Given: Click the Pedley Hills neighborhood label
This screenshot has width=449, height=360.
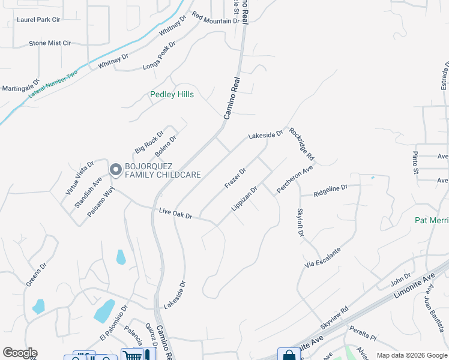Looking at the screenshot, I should click(172, 94).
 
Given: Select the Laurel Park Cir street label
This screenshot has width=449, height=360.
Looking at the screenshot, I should click(39, 20).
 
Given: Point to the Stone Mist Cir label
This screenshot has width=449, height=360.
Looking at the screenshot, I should click(50, 43).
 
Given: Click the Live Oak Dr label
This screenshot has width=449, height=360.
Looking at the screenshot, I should click(175, 213).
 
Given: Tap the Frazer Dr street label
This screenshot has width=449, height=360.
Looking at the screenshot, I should click(235, 178).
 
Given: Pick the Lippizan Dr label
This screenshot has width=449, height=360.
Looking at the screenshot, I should click(244, 199).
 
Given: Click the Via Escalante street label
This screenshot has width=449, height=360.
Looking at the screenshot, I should click(322, 256).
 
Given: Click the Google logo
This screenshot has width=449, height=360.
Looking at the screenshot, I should click(19, 353).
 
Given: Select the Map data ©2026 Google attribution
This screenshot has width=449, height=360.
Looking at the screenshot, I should click(411, 355).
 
